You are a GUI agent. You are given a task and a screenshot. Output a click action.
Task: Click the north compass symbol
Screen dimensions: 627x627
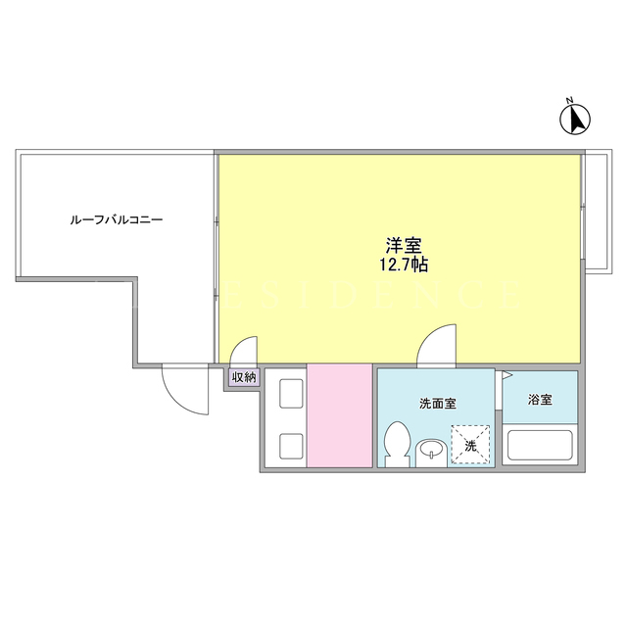point(575,119)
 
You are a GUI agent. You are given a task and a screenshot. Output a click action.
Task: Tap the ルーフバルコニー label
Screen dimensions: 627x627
point(117,219)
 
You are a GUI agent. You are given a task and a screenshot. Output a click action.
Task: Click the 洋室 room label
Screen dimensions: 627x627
point(404,246)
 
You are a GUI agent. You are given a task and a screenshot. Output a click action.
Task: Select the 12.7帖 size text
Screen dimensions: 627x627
point(404,265)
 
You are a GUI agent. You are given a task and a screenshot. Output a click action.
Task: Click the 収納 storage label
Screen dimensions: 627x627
point(244,377)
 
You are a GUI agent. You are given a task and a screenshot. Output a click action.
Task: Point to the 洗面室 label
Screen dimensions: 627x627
point(438,404)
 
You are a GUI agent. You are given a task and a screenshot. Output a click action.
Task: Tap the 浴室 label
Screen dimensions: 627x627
point(540,399)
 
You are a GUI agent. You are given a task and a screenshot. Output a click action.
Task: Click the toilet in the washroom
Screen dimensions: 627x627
point(397,444)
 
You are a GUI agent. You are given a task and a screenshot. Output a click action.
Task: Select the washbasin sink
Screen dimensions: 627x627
point(431,453)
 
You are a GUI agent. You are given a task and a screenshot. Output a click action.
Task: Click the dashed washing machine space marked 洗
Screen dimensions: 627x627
point(470,444)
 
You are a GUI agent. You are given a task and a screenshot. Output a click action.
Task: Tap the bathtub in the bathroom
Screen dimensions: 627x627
point(540,445)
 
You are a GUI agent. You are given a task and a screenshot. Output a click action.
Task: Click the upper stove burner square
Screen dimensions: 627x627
point(291,394)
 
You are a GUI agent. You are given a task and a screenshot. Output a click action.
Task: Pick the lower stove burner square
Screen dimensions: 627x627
point(291,446)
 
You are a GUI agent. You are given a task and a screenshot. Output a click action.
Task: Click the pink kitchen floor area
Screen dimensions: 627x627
point(340,415)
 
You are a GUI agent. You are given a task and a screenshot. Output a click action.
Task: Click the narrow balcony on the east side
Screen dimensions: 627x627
point(599,212)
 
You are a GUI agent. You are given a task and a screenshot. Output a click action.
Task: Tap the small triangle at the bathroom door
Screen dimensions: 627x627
point(506,375)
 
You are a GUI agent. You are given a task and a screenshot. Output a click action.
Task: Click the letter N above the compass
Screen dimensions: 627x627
point(570,100)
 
